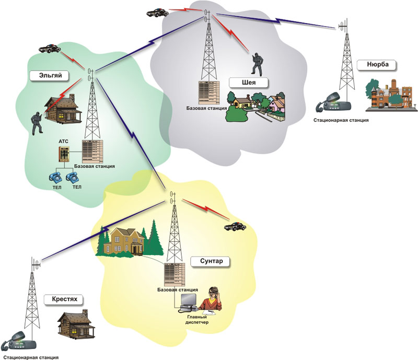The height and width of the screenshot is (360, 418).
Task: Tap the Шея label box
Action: [248, 83]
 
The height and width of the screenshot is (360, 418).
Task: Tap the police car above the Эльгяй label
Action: [48, 48]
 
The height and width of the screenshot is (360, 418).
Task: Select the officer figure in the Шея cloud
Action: [257, 64]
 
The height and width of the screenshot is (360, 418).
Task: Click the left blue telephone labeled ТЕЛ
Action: [55, 177]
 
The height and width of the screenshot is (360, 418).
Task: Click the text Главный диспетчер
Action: [197, 320]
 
